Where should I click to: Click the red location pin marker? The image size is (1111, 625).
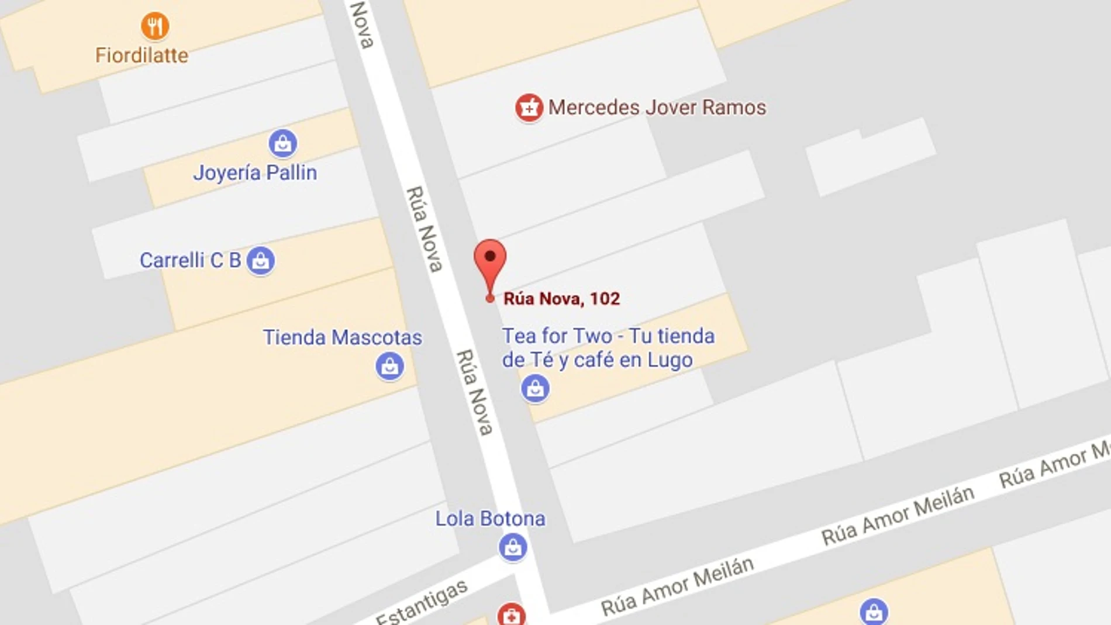tap(490, 263)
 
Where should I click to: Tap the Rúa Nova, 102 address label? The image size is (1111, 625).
tap(561, 299)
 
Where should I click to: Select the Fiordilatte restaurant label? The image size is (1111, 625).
tap(142, 56)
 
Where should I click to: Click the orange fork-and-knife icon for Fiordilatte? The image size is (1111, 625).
tap(155, 26)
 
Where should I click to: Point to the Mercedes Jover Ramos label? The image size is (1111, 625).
tap(657, 108)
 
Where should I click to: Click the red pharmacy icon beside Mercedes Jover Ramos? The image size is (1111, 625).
tap(529, 108)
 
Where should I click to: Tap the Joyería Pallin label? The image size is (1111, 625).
tap(255, 172)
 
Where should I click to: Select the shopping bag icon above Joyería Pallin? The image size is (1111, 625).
tap(283, 143)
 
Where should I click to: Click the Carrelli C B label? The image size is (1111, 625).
tap(190, 260)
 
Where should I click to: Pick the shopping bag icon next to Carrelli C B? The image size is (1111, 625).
tap(261, 260)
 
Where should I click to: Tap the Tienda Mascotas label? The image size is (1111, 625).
tap(342, 337)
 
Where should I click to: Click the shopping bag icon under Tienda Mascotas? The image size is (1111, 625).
tap(389, 367)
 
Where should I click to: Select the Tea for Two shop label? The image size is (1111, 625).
tap(608, 348)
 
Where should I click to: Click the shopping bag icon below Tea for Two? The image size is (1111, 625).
tap(535, 388)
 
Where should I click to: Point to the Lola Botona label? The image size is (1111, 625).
tap(490, 519)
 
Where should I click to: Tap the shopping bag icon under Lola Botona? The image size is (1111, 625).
tap(513, 547)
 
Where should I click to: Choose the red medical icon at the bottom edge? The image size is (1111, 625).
tap(512, 615)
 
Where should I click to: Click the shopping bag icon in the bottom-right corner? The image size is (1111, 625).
tap(874, 612)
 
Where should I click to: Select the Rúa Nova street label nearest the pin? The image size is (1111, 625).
tap(425, 229)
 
